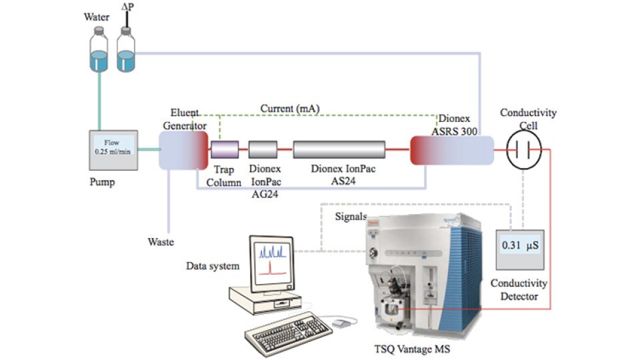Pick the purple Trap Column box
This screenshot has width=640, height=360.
coord(225,149)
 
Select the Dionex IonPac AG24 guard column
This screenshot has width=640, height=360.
coord(262,149)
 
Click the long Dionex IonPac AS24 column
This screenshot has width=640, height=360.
coord(339,149)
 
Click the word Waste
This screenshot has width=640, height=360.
coord(160,242)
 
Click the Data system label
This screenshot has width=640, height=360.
coord(213,266)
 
